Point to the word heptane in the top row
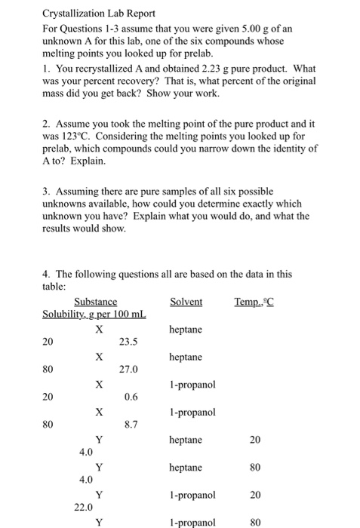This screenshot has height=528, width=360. (x=186, y=330)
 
